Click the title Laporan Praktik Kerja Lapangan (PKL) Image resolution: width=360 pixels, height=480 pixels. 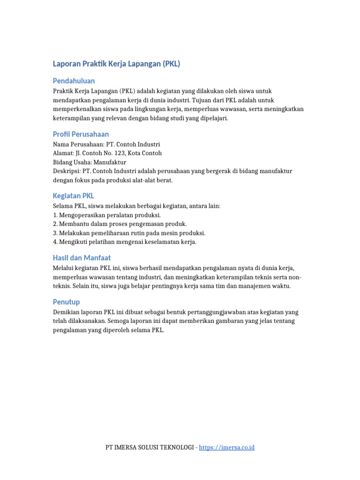(x=116, y=64)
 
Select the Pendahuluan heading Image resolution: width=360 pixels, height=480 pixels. (x=74, y=81)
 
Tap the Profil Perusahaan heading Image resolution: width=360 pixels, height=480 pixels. (x=81, y=134)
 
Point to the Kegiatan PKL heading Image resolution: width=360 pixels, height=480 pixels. (x=73, y=195)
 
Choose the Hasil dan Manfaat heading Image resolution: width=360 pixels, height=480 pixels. (x=82, y=258)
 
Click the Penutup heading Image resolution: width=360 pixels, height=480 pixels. (x=66, y=301)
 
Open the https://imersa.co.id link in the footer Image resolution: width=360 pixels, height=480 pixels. (x=226, y=448)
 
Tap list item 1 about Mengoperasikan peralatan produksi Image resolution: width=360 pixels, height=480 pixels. (x=107, y=215)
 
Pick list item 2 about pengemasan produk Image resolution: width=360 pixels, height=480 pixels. (x=120, y=224)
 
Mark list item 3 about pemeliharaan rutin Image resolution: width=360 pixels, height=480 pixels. (x=129, y=233)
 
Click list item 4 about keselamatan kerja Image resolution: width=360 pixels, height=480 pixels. (x=125, y=242)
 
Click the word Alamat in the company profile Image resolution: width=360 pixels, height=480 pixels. (x=63, y=153)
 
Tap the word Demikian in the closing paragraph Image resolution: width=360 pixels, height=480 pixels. (x=67, y=312)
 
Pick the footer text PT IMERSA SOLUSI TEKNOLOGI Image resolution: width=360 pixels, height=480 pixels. (x=150, y=448)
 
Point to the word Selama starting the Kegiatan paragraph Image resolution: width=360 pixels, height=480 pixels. (x=63, y=206)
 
